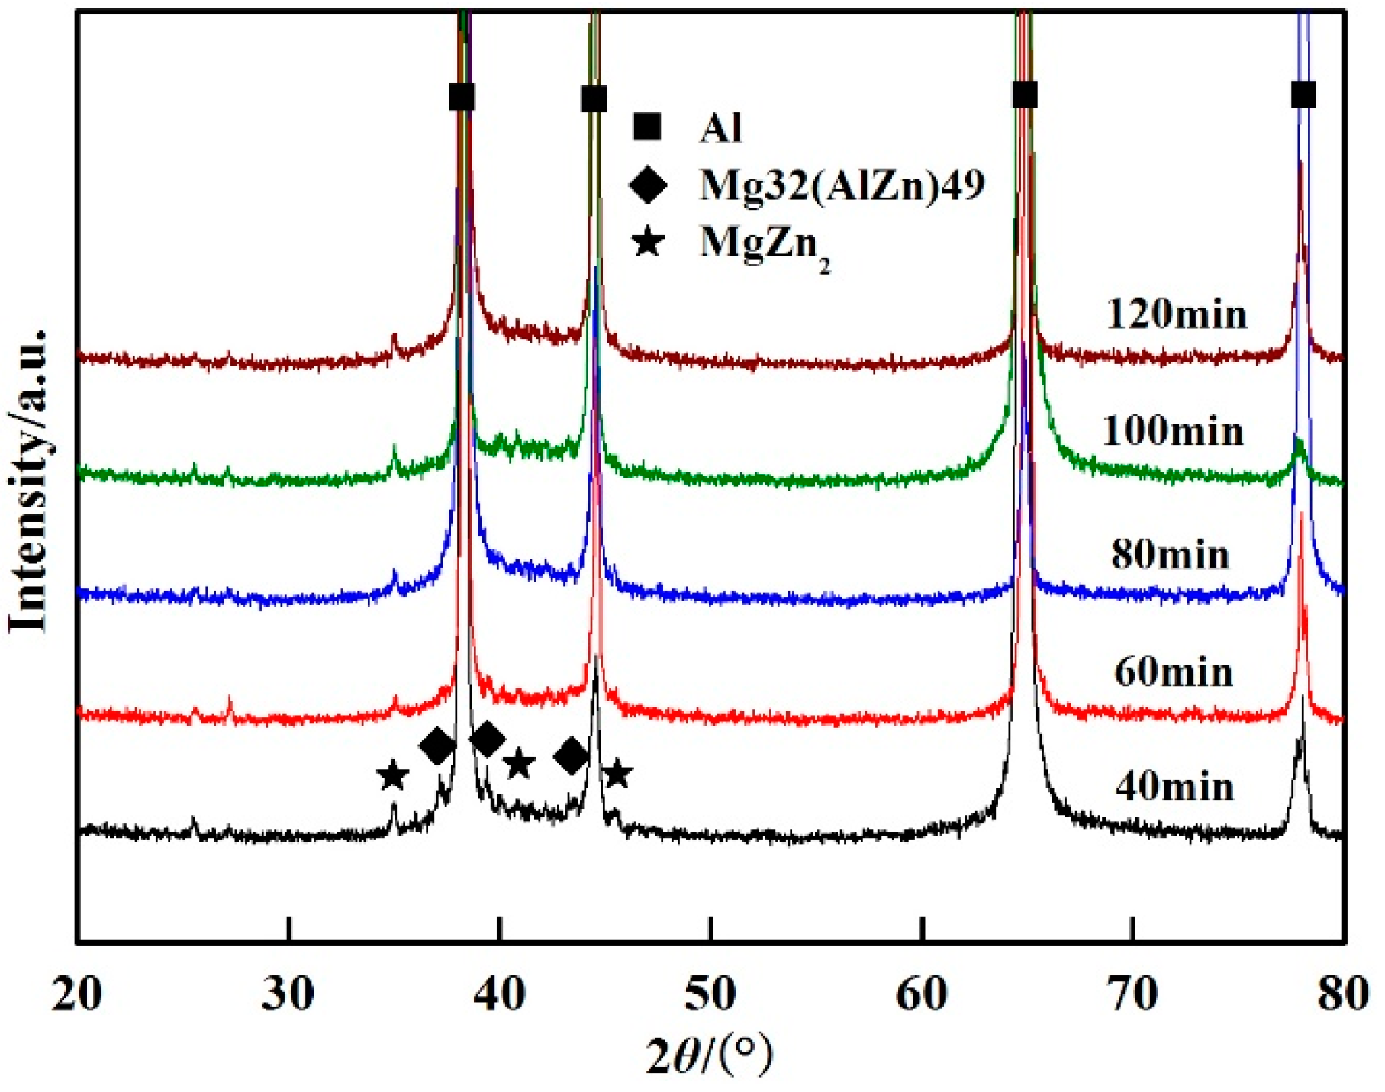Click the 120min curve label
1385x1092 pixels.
pos(1176,314)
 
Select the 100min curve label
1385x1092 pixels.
pos(1173,431)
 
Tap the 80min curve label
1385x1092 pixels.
pos(1170,554)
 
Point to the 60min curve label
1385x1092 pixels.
pos(1174,672)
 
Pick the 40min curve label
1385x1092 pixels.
pos(1174,787)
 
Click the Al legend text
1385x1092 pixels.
pos(720,127)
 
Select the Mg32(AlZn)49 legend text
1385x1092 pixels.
pos(842,185)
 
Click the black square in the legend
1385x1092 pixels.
pos(647,127)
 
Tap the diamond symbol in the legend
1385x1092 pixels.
pos(648,185)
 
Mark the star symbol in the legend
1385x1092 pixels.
pos(648,243)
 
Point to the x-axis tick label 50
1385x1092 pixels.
pos(710,994)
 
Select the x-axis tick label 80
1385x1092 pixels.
pos(1343,994)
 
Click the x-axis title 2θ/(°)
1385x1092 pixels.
pos(709,1056)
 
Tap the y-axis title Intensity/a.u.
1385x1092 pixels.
pos(28,481)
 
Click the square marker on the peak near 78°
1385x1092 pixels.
pos(1303,95)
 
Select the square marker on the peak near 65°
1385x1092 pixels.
pos(1025,95)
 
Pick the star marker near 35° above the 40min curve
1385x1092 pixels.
pos(392,775)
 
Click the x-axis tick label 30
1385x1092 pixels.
pos(288,994)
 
